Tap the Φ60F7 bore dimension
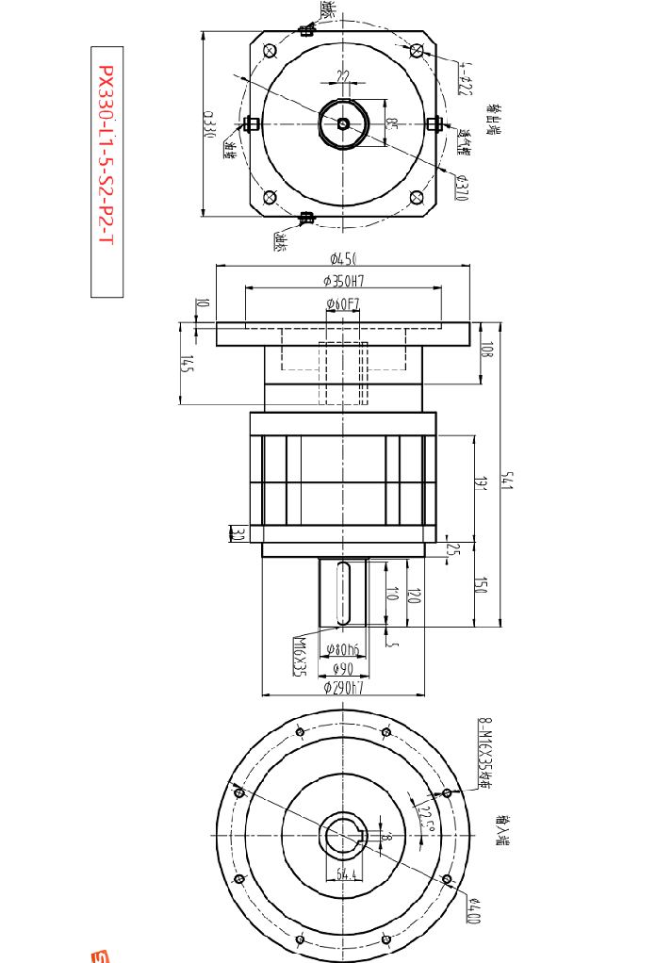343,303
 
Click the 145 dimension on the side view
187,365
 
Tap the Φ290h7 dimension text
343,688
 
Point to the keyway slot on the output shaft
343,592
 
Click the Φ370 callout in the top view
463,186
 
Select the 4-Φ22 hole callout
465,79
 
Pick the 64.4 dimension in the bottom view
346,875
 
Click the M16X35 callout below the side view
299,655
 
